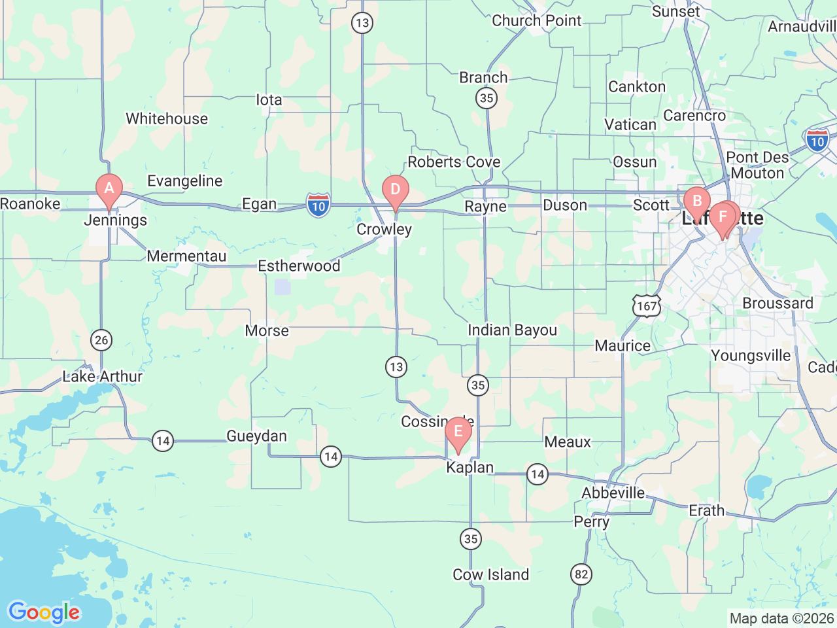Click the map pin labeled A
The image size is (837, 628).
tap(109, 189)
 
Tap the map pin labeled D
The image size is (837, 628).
tap(395, 190)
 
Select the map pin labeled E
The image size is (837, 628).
tap(458, 432)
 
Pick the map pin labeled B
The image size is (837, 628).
tap(696, 201)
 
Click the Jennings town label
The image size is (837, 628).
tap(116, 220)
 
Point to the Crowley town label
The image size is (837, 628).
tap(384, 230)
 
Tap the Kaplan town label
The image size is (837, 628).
tap(470, 468)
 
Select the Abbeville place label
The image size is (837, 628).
tap(613, 493)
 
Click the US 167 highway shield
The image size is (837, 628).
tap(646, 306)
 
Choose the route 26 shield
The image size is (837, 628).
tap(101, 340)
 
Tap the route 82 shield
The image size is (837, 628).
tap(581, 575)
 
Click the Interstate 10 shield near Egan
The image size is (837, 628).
tap(318, 205)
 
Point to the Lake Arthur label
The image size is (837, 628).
tap(102, 377)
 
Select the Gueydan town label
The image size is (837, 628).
tap(256, 436)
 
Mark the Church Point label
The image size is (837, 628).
tap(536, 21)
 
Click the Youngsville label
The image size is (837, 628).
tap(751, 356)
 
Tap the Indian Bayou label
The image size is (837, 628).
tap(512, 330)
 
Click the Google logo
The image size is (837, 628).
tap(44, 612)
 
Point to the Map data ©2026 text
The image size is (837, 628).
tap(781, 618)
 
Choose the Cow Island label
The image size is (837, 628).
tap(490, 575)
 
